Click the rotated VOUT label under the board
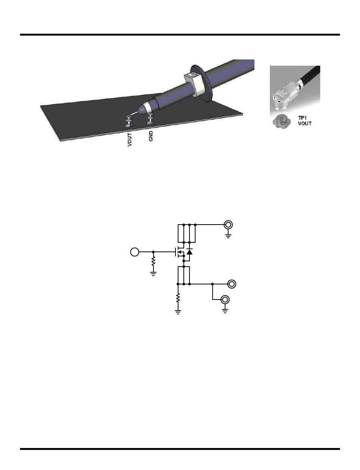pyautogui.click(x=130, y=140)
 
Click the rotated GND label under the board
pyautogui.click(x=151, y=136)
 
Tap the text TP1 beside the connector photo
pyautogui.click(x=302, y=118)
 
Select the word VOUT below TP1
pyautogui.click(x=305, y=123)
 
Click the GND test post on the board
pyautogui.click(x=150, y=119)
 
